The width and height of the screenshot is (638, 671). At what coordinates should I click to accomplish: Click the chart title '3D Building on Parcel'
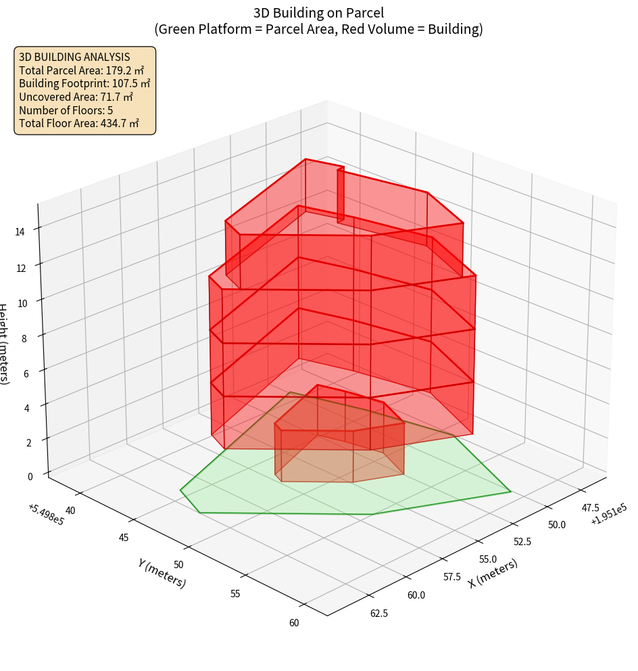click(318, 13)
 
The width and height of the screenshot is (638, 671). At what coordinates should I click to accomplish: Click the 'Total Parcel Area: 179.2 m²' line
click(82, 70)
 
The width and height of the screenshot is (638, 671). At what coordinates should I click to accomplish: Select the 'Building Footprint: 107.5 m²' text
click(84, 84)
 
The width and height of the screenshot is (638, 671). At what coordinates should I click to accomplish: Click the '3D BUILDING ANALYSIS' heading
click(74, 57)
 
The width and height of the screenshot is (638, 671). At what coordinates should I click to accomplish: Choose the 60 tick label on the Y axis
click(293, 623)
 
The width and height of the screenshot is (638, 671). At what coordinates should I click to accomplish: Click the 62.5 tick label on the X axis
click(380, 613)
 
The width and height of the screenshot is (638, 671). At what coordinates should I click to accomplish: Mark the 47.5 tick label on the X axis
click(589, 507)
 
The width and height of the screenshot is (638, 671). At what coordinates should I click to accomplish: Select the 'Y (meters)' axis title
click(162, 572)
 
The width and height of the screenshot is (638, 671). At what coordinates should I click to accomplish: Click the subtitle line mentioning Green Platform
click(318, 29)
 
